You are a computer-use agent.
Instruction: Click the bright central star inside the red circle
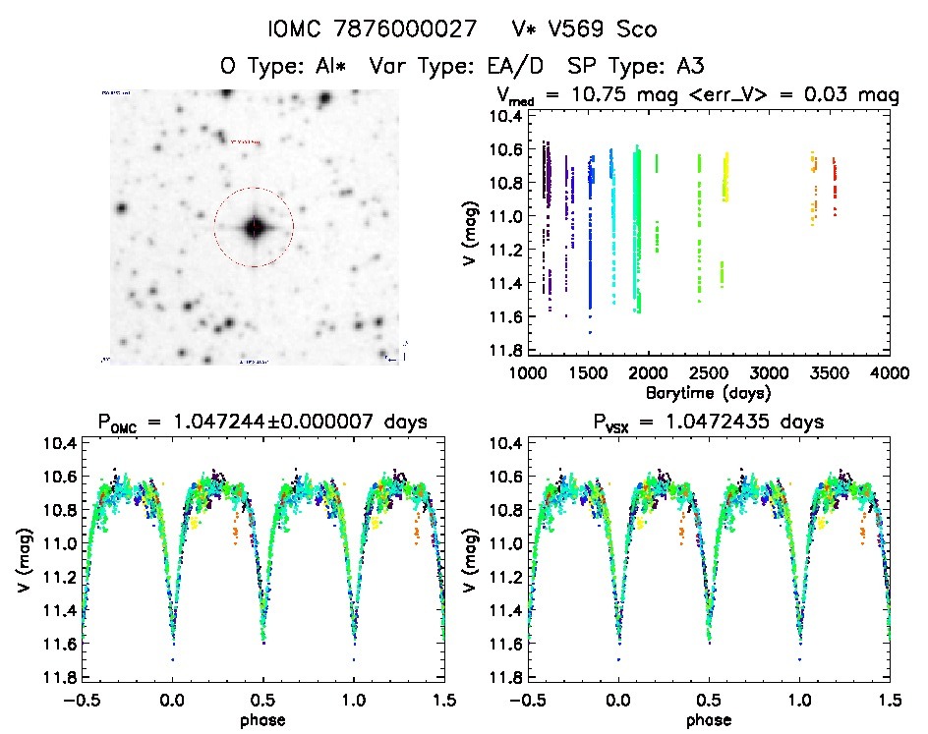(x=255, y=227)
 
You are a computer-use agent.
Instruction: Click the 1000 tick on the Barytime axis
(x=528, y=373)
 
